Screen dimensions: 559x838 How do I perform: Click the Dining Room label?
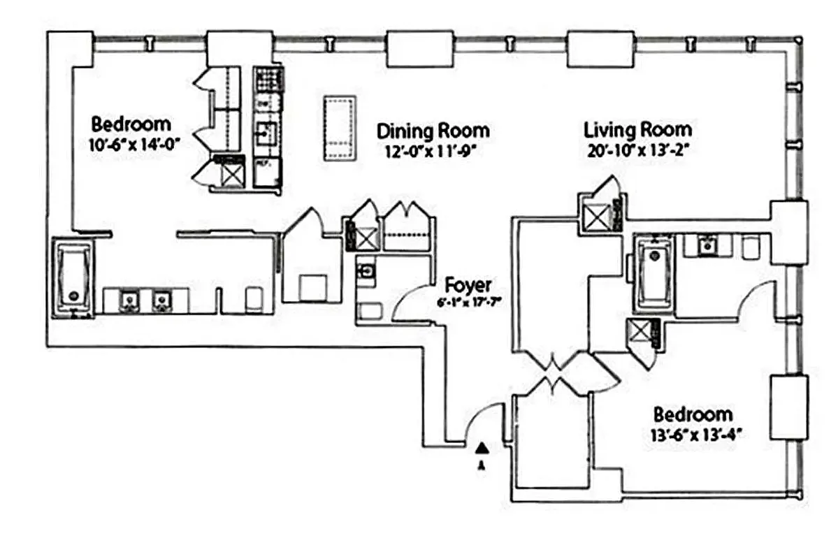pos(433,131)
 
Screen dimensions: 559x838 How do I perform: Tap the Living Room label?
pos(637,129)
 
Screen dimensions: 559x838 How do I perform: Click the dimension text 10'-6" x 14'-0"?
pos(131,147)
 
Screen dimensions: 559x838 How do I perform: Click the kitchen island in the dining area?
pos(340,129)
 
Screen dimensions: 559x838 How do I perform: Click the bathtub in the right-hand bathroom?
pos(653,272)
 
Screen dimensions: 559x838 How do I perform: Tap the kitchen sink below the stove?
pos(266,131)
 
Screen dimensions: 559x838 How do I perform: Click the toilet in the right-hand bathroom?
pos(751,247)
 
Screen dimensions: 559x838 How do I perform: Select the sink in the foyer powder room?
pos(366,269)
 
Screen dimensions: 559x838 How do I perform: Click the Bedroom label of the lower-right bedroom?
pos(692,414)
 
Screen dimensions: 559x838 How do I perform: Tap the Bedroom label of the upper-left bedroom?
pos(131,125)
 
